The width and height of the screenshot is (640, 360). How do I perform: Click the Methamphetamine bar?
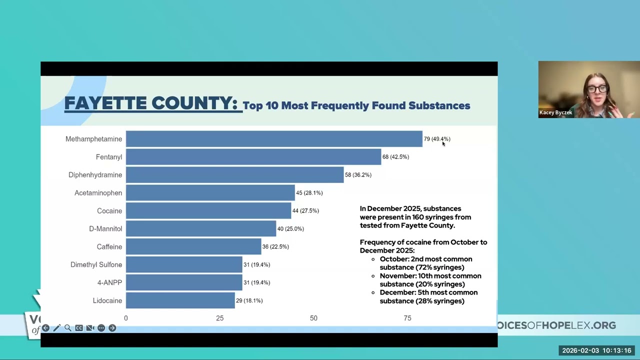(x=274, y=139)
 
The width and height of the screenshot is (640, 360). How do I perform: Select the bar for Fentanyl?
(x=253, y=157)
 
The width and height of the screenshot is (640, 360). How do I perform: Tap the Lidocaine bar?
(x=180, y=300)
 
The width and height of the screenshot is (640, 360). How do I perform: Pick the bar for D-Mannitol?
(x=201, y=228)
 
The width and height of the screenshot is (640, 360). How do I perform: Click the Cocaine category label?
(x=109, y=211)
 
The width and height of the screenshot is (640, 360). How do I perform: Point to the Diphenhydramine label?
(x=95, y=175)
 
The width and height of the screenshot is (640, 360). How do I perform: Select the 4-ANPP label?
(x=109, y=282)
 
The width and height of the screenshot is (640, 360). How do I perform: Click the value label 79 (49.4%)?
(x=437, y=139)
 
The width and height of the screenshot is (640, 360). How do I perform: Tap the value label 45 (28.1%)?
(x=309, y=193)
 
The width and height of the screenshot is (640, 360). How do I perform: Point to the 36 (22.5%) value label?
(x=275, y=246)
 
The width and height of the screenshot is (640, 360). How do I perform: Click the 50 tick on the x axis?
(x=313, y=318)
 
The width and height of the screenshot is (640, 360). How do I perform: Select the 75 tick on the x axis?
(x=407, y=318)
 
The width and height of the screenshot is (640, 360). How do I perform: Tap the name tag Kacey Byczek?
(x=555, y=112)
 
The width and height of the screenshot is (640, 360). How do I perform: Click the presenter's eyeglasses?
(x=597, y=89)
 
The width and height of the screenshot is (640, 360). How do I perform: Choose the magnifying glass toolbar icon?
(x=67, y=328)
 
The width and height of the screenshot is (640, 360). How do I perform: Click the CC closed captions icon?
(x=79, y=328)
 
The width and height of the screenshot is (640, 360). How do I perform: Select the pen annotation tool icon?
(x=56, y=328)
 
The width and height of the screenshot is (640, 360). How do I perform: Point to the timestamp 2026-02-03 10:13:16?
(x=596, y=350)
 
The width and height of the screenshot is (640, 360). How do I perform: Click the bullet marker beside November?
(x=373, y=276)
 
